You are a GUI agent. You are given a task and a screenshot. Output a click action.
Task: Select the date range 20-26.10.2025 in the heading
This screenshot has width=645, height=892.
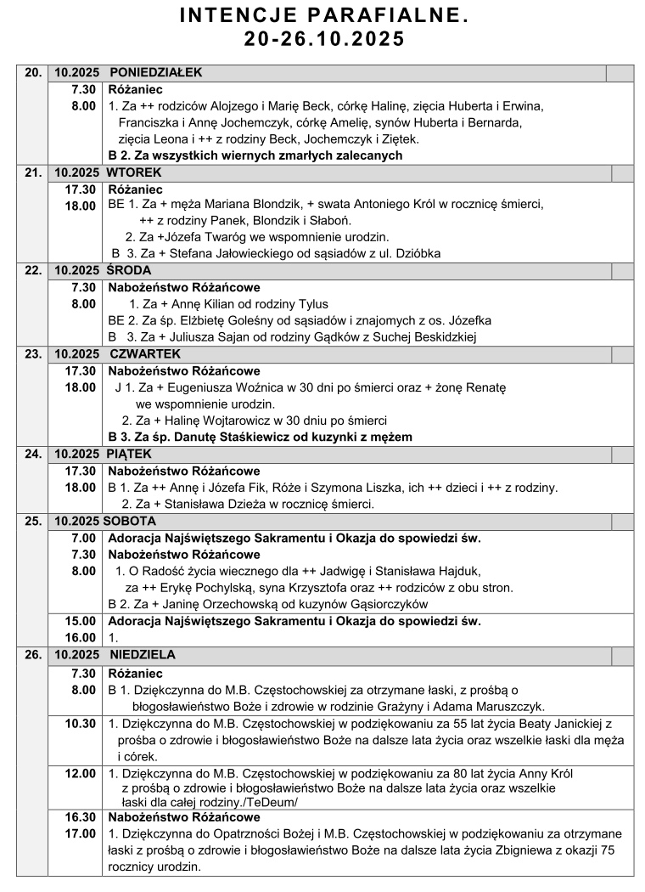[323, 39]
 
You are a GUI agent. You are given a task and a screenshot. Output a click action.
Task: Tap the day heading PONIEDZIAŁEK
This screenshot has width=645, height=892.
[155, 73]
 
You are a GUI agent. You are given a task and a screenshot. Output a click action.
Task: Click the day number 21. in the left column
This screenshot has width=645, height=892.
[33, 173]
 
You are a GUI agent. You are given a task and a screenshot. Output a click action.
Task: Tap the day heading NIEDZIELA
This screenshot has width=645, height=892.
[143, 655]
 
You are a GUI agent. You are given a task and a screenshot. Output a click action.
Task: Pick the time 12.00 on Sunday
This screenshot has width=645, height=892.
[81, 773]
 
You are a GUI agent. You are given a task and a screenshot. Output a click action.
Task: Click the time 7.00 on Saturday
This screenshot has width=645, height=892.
[83, 538]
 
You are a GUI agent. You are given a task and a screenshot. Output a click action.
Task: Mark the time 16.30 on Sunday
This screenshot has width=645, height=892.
[81, 817]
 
